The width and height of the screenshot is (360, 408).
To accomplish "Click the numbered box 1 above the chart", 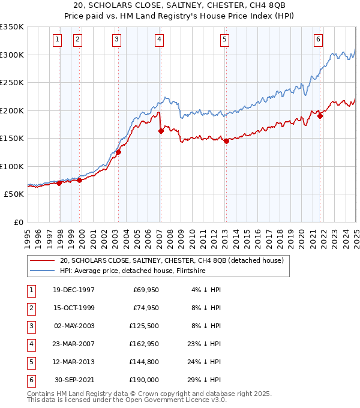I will coord(57,40).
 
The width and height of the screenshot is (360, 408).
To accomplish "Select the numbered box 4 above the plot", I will coord(159,40).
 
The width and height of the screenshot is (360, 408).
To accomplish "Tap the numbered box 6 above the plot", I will coord(318,40).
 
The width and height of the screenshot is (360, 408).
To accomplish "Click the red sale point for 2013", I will coord(226,142).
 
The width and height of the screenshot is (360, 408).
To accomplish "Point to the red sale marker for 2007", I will coord(161,131).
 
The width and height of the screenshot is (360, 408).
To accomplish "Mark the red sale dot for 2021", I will coord(320,116).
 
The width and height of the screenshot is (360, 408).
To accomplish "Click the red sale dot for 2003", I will coord(119,152).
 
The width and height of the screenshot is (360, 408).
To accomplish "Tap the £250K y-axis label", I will coord(12,82).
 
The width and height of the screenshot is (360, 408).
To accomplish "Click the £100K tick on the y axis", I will coord(12,166).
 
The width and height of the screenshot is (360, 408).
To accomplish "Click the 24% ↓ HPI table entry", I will coord(208,362).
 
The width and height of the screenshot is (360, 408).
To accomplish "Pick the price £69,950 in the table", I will coord(144,290).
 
